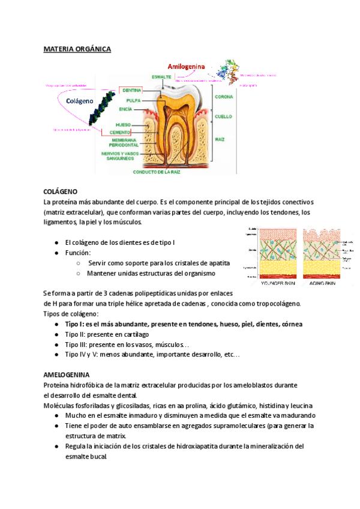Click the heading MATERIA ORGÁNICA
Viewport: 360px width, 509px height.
(x=77, y=49)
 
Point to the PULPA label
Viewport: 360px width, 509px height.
(x=133, y=101)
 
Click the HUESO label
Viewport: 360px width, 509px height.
(x=123, y=125)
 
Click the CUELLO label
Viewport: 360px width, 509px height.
(x=223, y=116)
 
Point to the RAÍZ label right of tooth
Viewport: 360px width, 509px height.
(x=220, y=139)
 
